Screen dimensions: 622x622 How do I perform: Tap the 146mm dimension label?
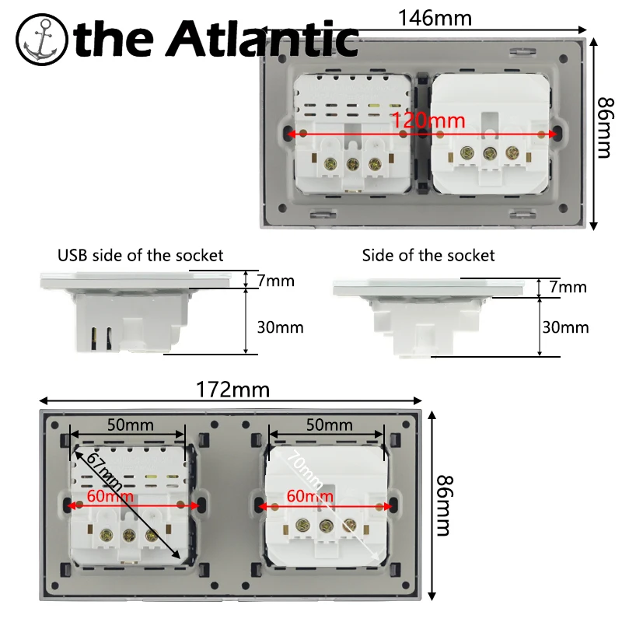(435, 16)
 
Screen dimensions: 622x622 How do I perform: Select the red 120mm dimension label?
(428, 121)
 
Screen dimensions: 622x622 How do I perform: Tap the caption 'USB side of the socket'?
(140, 255)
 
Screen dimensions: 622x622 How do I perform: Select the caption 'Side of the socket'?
(428, 255)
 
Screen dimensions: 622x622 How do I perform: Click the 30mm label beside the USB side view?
(280, 327)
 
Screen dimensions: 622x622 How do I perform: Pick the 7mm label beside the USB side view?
(276, 281)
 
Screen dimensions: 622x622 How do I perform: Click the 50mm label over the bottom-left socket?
(130, 425)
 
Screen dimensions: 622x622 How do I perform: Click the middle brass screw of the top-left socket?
(353, 163)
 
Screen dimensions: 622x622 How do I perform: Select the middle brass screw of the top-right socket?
(491, 153)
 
